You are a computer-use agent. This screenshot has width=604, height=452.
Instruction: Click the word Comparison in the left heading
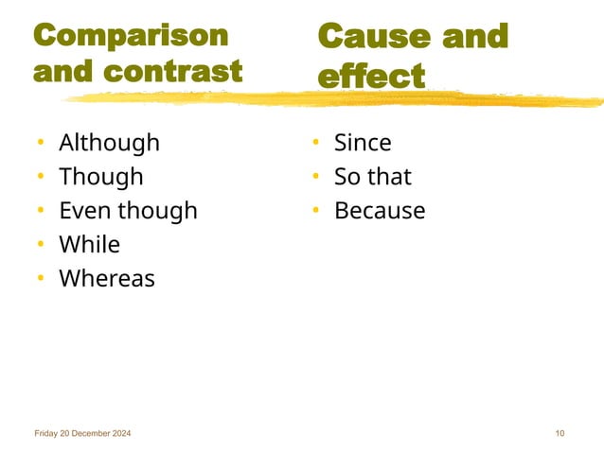click(131, 36)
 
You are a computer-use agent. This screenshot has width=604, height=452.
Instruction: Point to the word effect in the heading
click(370, 76)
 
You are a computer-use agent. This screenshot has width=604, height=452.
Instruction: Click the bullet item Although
click(109, 143)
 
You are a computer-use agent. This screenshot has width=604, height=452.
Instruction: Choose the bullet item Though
click(100, 177)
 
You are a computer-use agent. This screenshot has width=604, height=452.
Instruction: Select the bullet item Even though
click(128, 211)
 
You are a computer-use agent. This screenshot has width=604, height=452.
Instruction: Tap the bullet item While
click(89, 245)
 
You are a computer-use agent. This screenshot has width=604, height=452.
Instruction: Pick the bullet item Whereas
click(106, 279)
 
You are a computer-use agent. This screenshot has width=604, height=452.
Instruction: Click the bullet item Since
click(363, 143)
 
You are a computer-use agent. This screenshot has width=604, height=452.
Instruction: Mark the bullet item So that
click(373, 177)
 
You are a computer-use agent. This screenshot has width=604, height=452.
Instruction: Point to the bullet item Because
click(380, 211)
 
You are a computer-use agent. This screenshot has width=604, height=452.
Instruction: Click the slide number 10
click(560, 433)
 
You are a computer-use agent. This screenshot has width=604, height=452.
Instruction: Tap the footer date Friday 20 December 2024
click(82, 433)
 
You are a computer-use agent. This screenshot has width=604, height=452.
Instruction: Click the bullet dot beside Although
click(41, 144)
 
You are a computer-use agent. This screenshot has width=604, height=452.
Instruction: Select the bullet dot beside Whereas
click(41, 280)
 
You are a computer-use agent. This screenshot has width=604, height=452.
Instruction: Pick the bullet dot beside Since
click(316, 144)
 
